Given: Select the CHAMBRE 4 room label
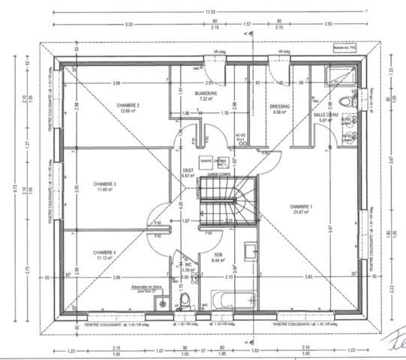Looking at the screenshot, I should coord(104,251).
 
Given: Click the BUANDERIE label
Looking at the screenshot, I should coord(207,93).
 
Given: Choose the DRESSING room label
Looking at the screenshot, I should coord(280,106).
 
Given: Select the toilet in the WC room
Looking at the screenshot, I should coord(185,301).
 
